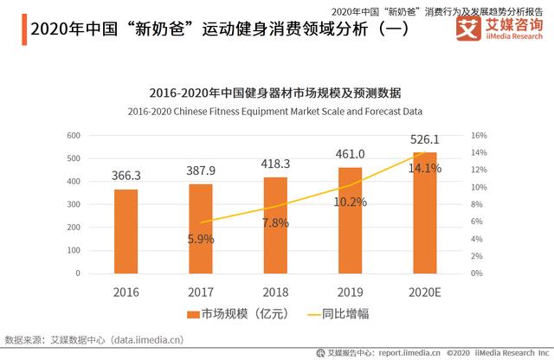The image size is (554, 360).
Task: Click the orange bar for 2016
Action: click(x=126, y=231)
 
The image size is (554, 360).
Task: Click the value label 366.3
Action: click(x=126, y=175)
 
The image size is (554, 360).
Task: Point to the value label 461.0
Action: click(x=350, y=153)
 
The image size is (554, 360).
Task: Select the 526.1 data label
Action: click(x=424, y=138)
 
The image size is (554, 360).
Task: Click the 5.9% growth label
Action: click(x=201, y=239)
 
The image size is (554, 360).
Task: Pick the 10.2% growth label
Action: click(x=350, y=202)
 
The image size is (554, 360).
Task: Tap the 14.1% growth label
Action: click(x=424, y=169)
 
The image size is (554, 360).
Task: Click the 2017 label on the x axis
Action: click(x=200, y=292)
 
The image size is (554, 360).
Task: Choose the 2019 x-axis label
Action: click(x=350, y=292)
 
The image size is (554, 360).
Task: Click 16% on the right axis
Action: click(x=479, y=136)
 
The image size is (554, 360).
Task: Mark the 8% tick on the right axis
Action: click(x=477, y=204)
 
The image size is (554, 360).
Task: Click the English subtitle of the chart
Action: click(x=275, y=111)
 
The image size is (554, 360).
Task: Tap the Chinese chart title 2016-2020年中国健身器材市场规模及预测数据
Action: click(x=275, y=93)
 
